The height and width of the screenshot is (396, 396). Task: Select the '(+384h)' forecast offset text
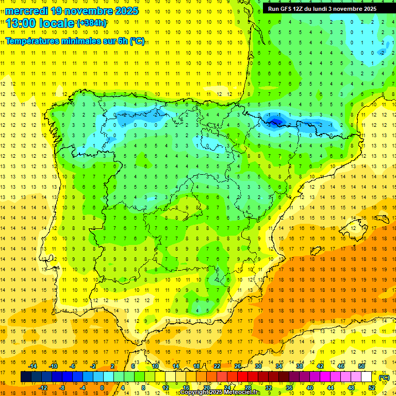tap(92, 23)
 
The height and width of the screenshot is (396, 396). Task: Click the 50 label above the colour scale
tap(361, 366)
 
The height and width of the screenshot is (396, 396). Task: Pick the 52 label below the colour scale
tap(372, 388)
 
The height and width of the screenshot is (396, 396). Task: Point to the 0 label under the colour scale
tap(102, 388)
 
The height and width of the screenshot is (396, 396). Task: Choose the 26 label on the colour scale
tap(238, 366)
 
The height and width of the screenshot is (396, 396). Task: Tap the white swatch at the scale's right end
tap(367, 377)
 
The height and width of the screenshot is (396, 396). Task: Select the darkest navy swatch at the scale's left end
tap(26, 377)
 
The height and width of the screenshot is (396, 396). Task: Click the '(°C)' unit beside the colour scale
tap(384, 377)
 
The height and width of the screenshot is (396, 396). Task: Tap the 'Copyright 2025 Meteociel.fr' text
tap(220, 392)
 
